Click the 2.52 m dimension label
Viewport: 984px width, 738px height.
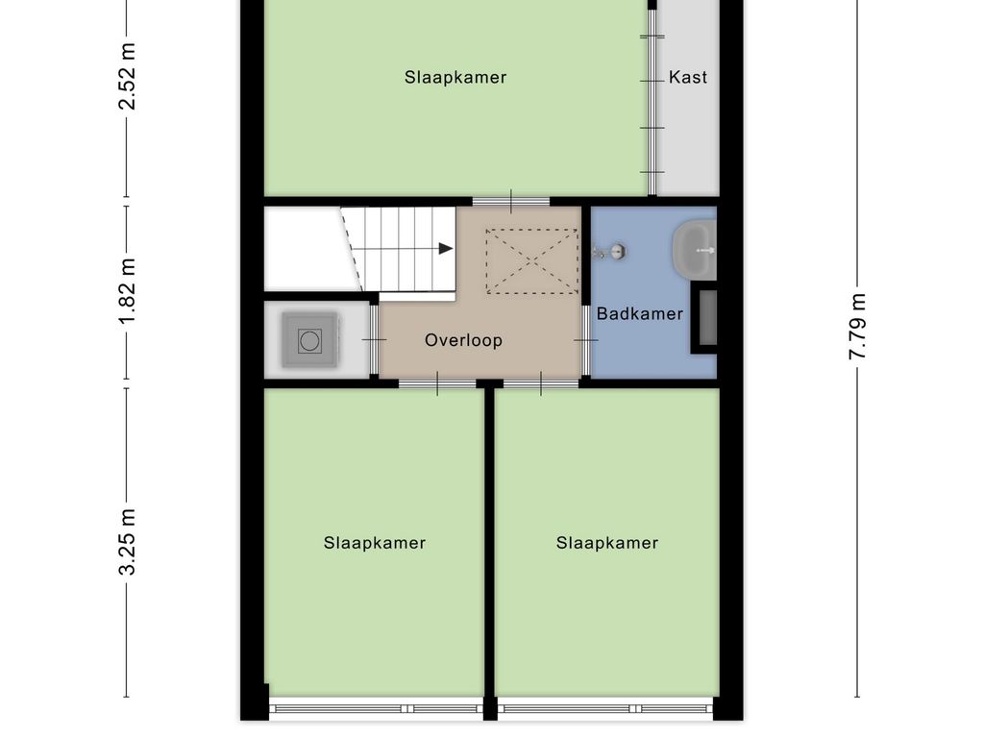126,76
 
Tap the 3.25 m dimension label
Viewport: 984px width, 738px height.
126,543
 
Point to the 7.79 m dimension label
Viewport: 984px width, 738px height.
857,327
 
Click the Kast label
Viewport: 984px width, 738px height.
688,77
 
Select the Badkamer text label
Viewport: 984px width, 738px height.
640,313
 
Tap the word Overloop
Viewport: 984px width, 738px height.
464,340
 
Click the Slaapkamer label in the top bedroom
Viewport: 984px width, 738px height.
455,77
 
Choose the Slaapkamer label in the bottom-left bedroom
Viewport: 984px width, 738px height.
375,543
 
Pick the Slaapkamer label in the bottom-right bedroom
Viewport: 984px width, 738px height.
607,543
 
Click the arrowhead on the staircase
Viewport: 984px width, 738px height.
446,249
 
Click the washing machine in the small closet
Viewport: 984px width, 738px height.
309,340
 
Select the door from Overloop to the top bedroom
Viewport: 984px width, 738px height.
511,202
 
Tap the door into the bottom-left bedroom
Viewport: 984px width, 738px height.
437,384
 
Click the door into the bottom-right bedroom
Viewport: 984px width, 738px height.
541,384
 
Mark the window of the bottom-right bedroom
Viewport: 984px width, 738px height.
608,709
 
